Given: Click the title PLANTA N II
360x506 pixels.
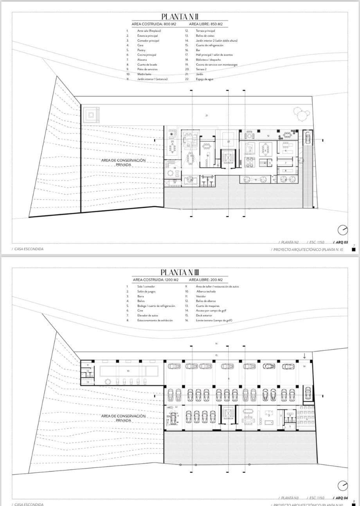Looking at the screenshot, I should [180, 17].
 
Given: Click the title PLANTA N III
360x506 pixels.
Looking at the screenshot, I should [180, 272].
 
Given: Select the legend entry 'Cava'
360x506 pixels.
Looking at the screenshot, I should [140, 45].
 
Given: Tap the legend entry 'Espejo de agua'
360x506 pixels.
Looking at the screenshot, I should [205, 79].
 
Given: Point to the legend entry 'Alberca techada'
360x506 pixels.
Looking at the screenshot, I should [206, 291].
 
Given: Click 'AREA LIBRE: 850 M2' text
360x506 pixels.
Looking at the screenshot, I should [206, 24].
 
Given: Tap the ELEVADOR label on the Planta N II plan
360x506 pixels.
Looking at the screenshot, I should [228, 163].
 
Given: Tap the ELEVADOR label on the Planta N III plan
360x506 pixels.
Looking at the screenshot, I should [228, 418].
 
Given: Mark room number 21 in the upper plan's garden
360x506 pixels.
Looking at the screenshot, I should [206, 115].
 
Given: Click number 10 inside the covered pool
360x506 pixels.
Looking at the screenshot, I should [128, 371].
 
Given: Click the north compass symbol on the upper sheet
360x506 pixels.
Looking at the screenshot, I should [342, 230].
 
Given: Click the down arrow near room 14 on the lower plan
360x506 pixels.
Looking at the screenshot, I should [304, 355].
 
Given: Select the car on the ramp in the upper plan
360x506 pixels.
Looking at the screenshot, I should [308, 138].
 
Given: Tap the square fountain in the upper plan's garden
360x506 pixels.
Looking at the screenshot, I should [91, 115].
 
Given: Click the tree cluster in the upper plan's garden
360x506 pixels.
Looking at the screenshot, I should [301, 115].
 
